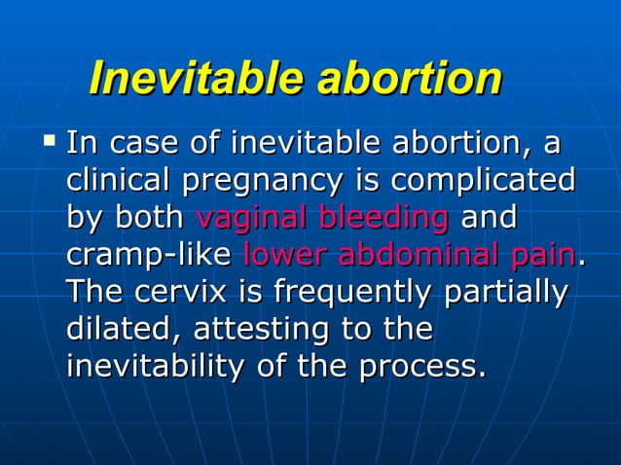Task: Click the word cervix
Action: (x=171, y=292)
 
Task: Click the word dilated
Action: (x=122, y=330)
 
